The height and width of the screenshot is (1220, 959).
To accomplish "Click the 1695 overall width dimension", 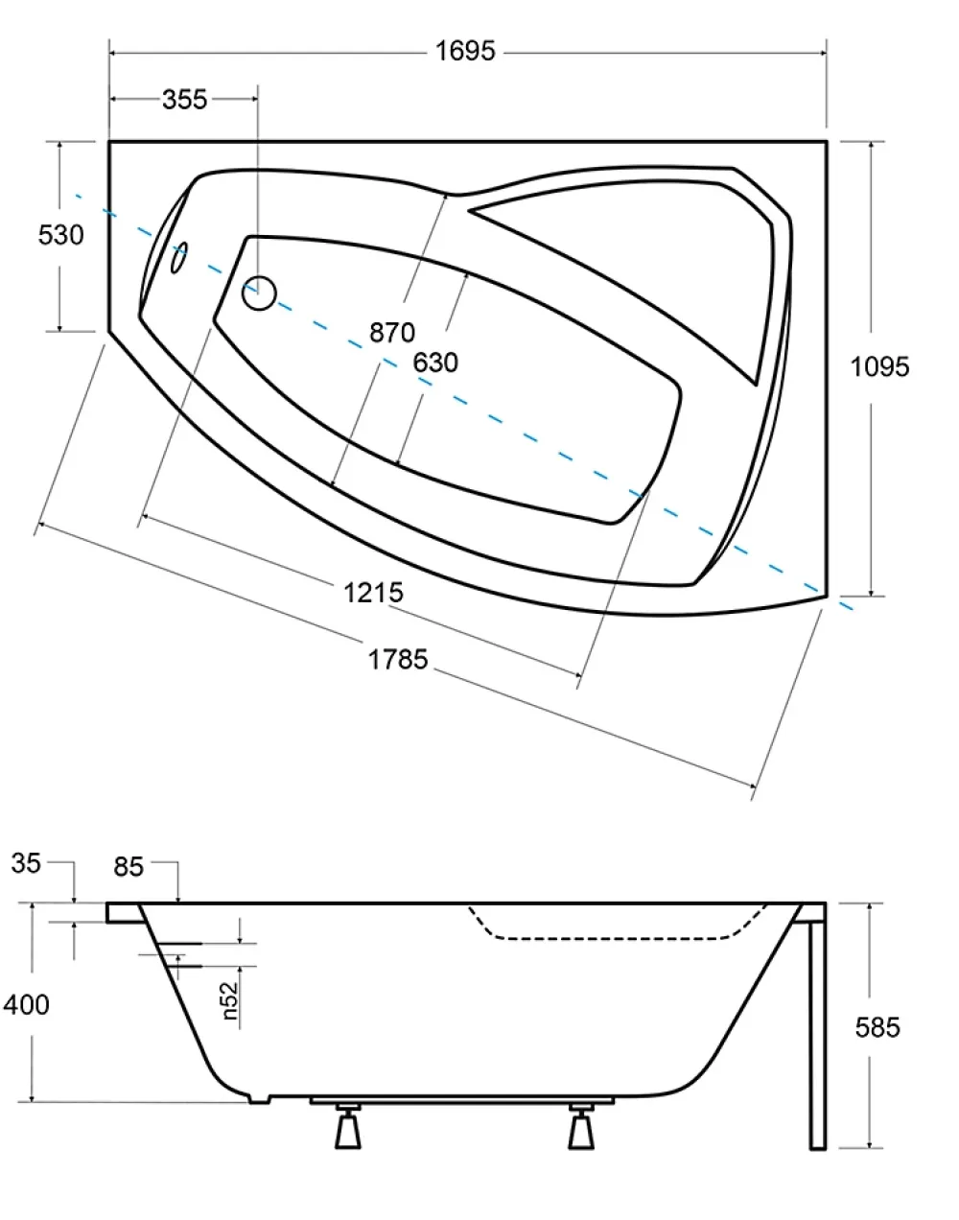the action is pyautogui.click(x=465, y=51).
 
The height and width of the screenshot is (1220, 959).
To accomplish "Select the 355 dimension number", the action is pyautogui.click(x=185, y=100).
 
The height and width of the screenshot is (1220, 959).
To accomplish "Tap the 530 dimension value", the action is pyautogui.click(x=60, y=235).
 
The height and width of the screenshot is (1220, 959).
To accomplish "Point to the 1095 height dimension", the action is pyautogui.click(x=879, y=366).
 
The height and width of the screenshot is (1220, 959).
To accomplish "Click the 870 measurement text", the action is pyautogui.click(x=392, y=332).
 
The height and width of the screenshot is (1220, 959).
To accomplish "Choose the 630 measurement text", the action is pyautogui.click(x=435, y=363).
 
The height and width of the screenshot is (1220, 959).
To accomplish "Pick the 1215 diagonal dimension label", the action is pyautogui.click(x=373, y=593).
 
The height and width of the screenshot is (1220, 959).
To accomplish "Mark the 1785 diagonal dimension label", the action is pyautogui.click(x=398, y=659).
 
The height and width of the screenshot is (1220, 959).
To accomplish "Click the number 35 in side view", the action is pyautogui.click(x=26, y=863).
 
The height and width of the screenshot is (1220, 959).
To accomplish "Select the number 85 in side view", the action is pyautogui.click(x=129, y=867).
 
